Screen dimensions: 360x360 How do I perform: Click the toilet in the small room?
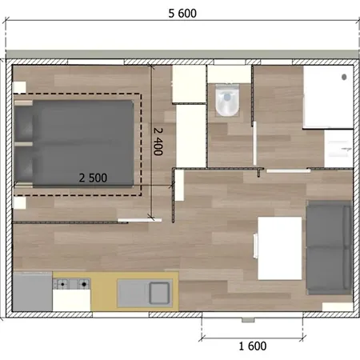tap(227, 101)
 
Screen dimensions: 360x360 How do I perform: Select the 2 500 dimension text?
tap(93, 177)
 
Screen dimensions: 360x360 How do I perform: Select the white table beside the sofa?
tap(279, 248)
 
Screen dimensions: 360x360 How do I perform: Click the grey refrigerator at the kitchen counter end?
tap(32, 292)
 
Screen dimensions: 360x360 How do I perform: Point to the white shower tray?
tap(327, 96)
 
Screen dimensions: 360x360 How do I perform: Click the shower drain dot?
tap(346, 77)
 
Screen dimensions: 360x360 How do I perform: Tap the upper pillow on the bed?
tap(24, 121)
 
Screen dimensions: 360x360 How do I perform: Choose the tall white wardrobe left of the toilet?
tap(191, 136)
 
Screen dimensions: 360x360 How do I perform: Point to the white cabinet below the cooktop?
tap(71, 299)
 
